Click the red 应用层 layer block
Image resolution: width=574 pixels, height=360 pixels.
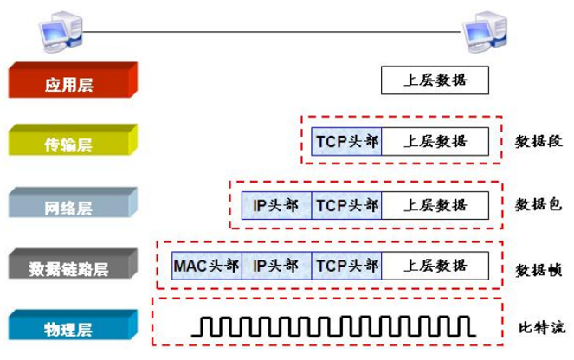click(72, 83)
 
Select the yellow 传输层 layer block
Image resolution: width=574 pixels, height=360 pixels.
click(72, 143)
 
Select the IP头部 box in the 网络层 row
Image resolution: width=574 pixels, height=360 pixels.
click(276, 205)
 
